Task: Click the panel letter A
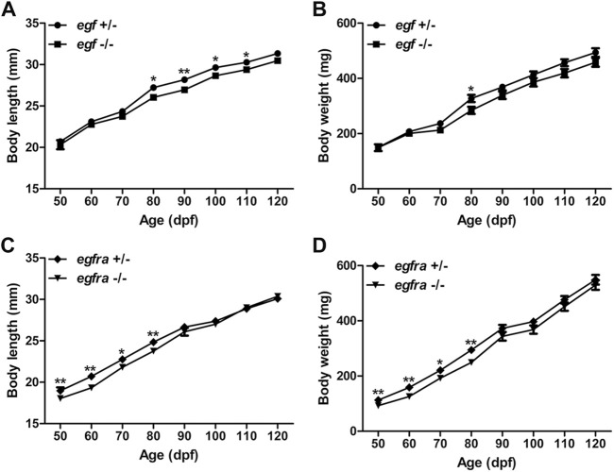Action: [10, 10]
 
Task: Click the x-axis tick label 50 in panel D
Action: [378, 444]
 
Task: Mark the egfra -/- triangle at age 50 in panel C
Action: [60, 397]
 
